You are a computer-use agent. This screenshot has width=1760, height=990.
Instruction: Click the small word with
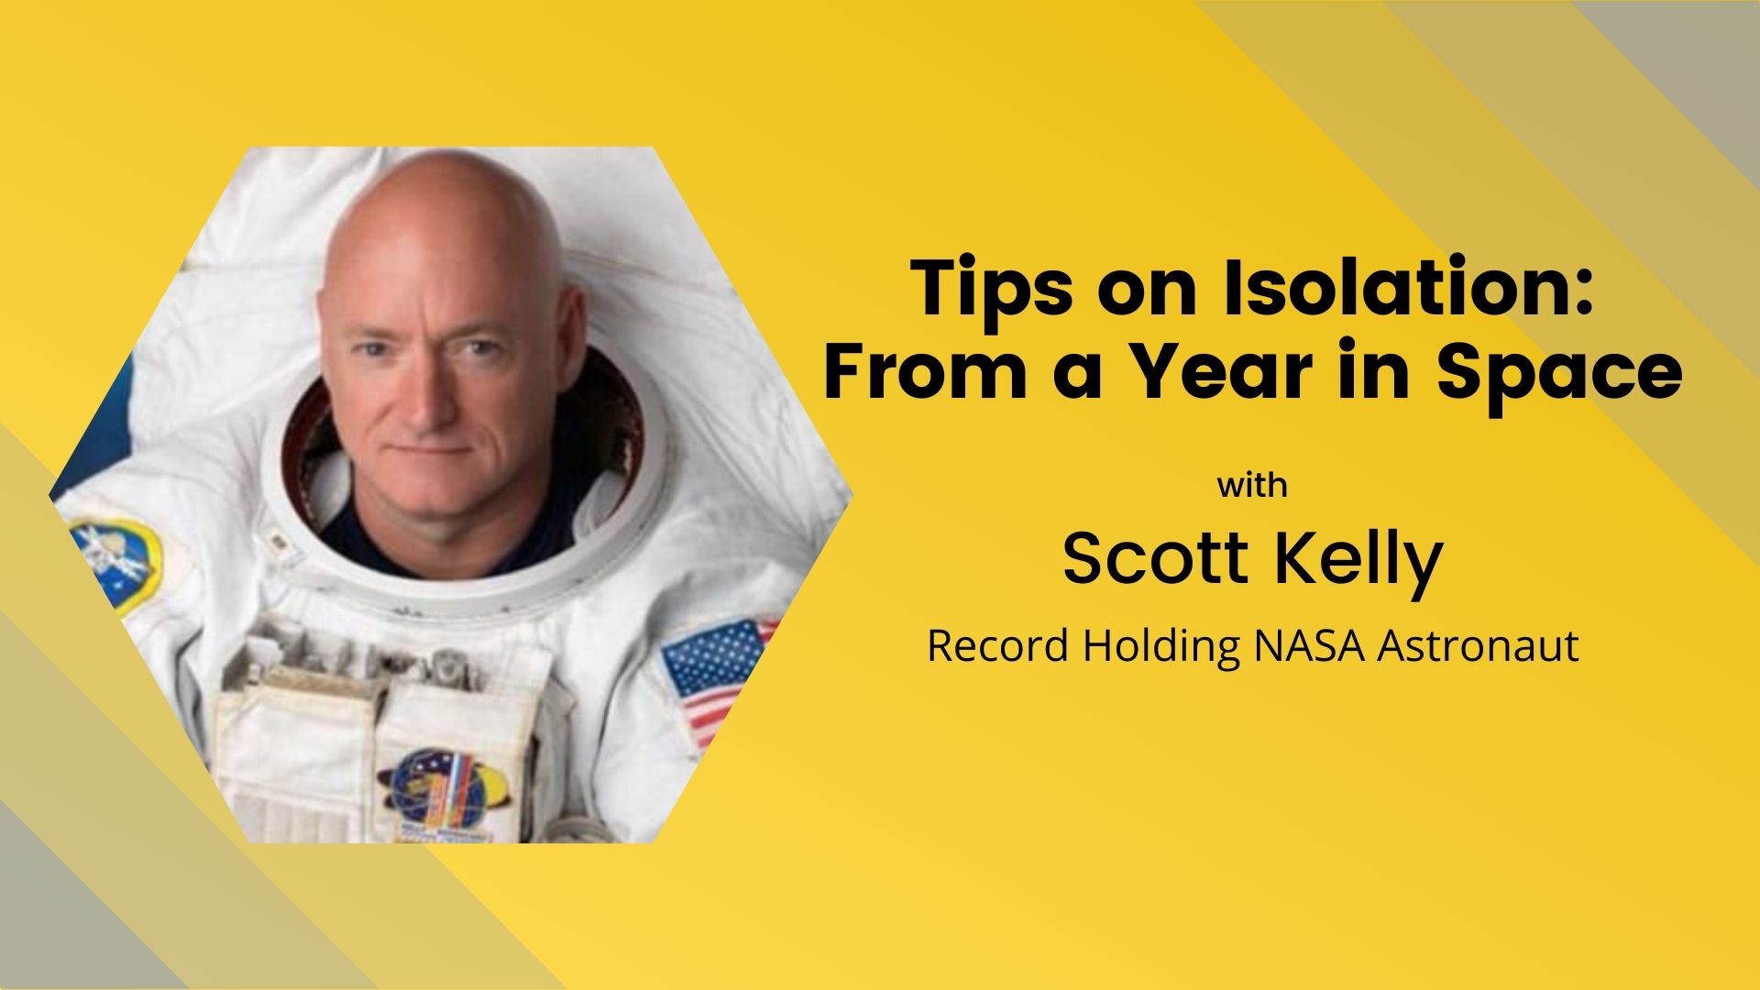pyautogui.click(x=1252, y=484)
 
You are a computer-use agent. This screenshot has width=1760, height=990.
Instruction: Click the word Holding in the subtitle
pyautogui.click(x=1161, y=647)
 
